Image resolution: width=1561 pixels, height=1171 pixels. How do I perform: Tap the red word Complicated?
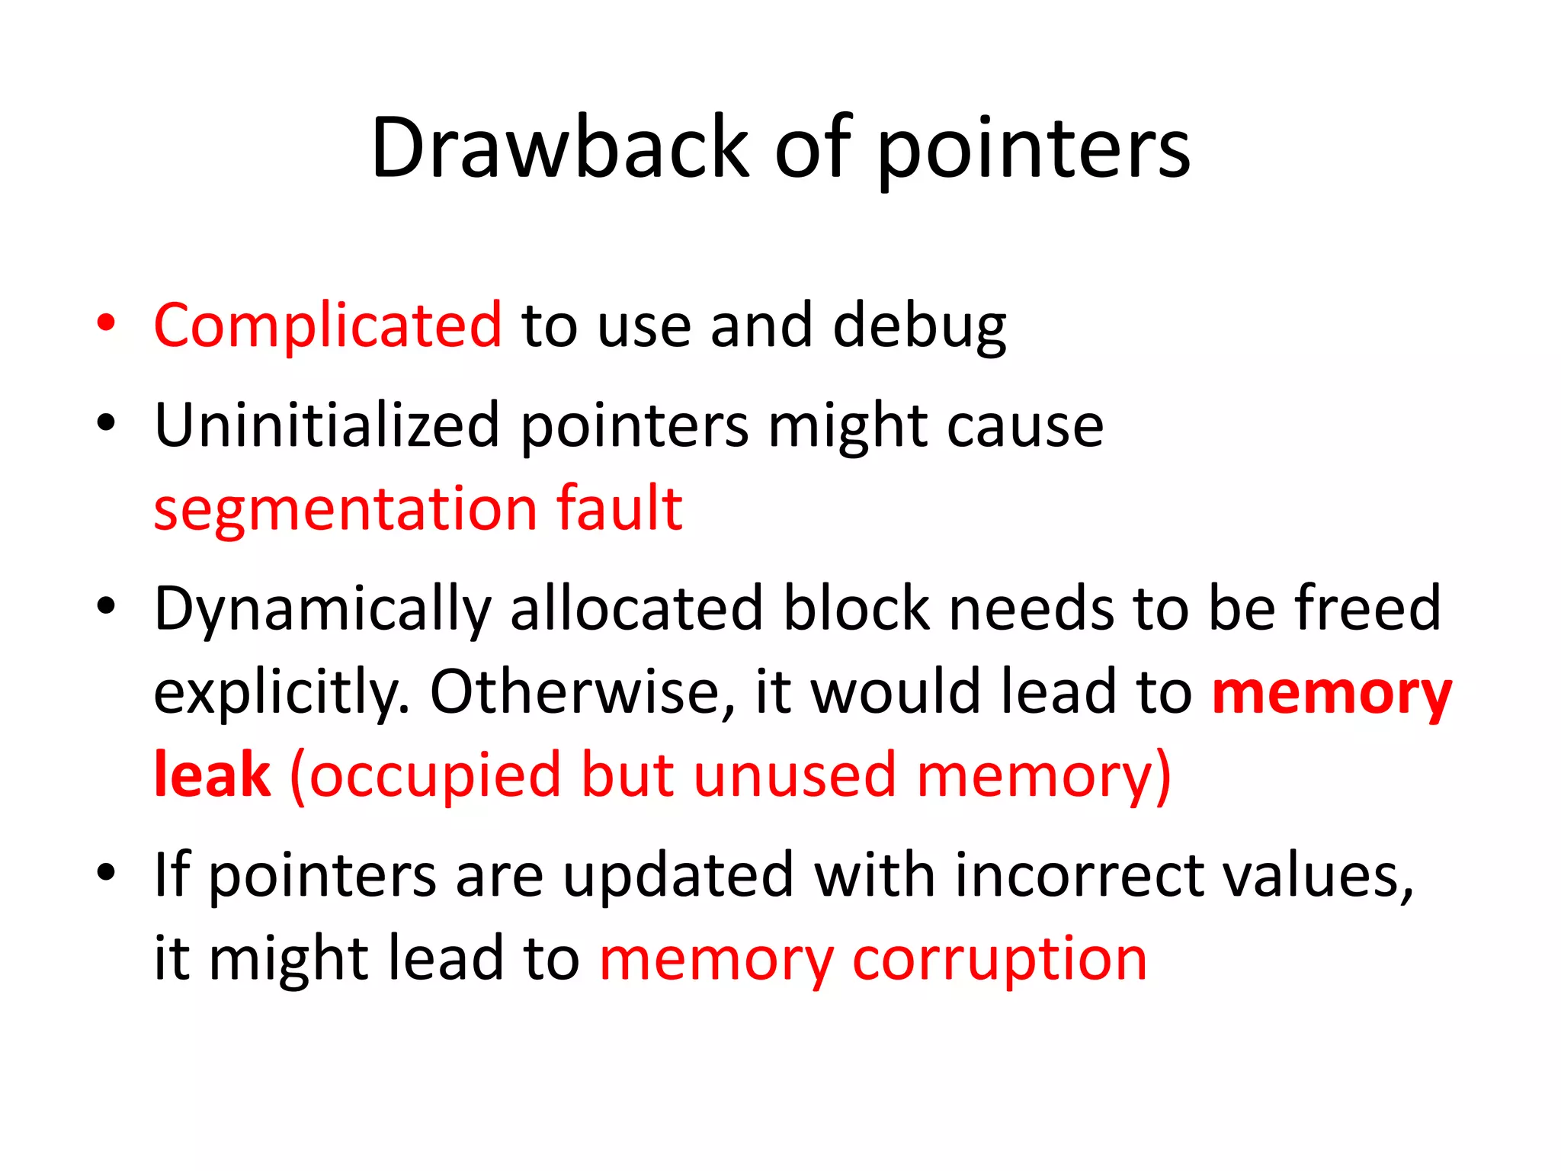(x=328, y=326)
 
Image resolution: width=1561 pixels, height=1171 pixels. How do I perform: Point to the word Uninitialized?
(x=327, y=425)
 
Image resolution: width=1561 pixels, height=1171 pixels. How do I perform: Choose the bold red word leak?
(x=212, y=775)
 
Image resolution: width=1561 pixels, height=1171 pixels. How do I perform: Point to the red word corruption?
(x=999, y=960)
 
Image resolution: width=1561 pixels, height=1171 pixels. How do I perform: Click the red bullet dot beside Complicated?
(x=106, y=323)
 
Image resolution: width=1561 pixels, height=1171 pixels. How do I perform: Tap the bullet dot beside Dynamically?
(x=106, y=607)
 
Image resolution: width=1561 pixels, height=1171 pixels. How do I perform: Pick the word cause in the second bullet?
(x=1025, y=425)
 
